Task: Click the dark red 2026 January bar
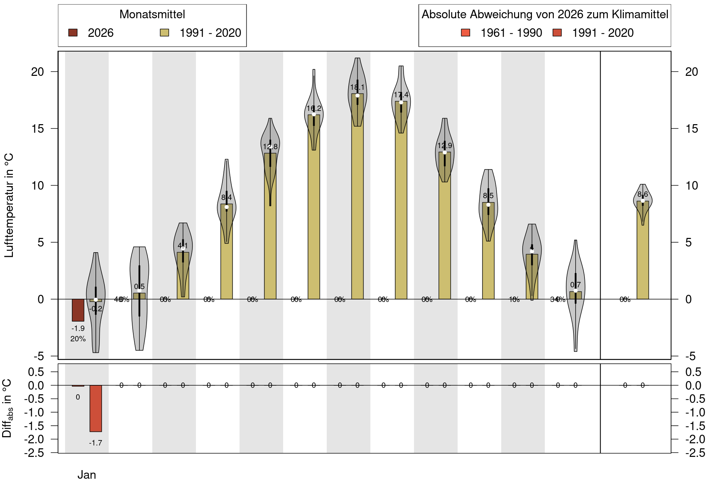coord(78,310)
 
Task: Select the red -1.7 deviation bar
coord(95,408)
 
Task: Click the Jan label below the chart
coord(87,475)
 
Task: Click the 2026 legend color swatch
coord(73,33)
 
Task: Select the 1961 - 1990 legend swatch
coord(465,33)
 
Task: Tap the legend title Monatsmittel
coord(152,14)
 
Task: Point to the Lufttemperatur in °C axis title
coord(9,205)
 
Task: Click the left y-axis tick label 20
coord(37,72)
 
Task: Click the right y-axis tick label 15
coord(691,128)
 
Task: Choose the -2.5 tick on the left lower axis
coord(34,453)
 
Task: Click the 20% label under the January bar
coord(78,339)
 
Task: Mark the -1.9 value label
coord(78,328)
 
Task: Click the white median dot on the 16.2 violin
coord(314,114)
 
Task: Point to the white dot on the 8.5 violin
coord(488,205)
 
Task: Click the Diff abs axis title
coord(8,408)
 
